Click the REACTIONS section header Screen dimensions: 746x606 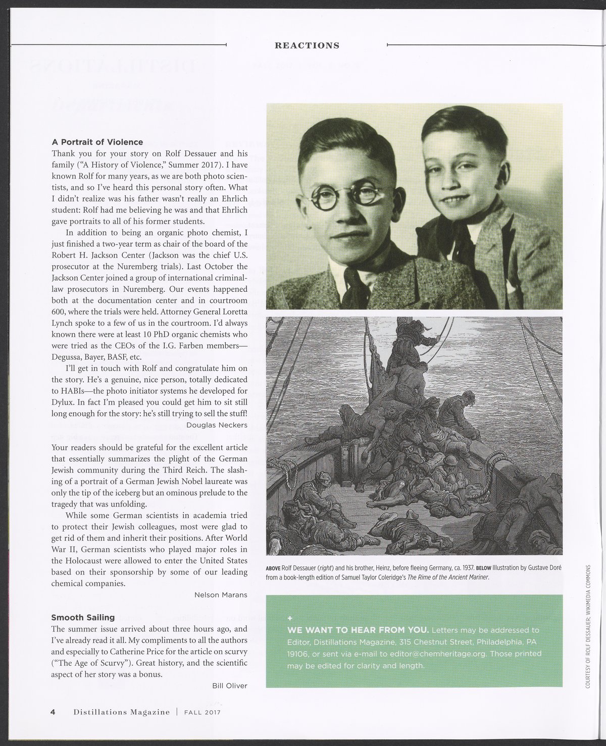307,45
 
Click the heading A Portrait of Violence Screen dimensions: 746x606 97,142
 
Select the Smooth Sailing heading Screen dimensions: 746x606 83,617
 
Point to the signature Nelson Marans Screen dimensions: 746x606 221,595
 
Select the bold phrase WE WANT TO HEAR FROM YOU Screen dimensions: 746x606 358,630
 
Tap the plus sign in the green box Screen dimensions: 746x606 289,618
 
